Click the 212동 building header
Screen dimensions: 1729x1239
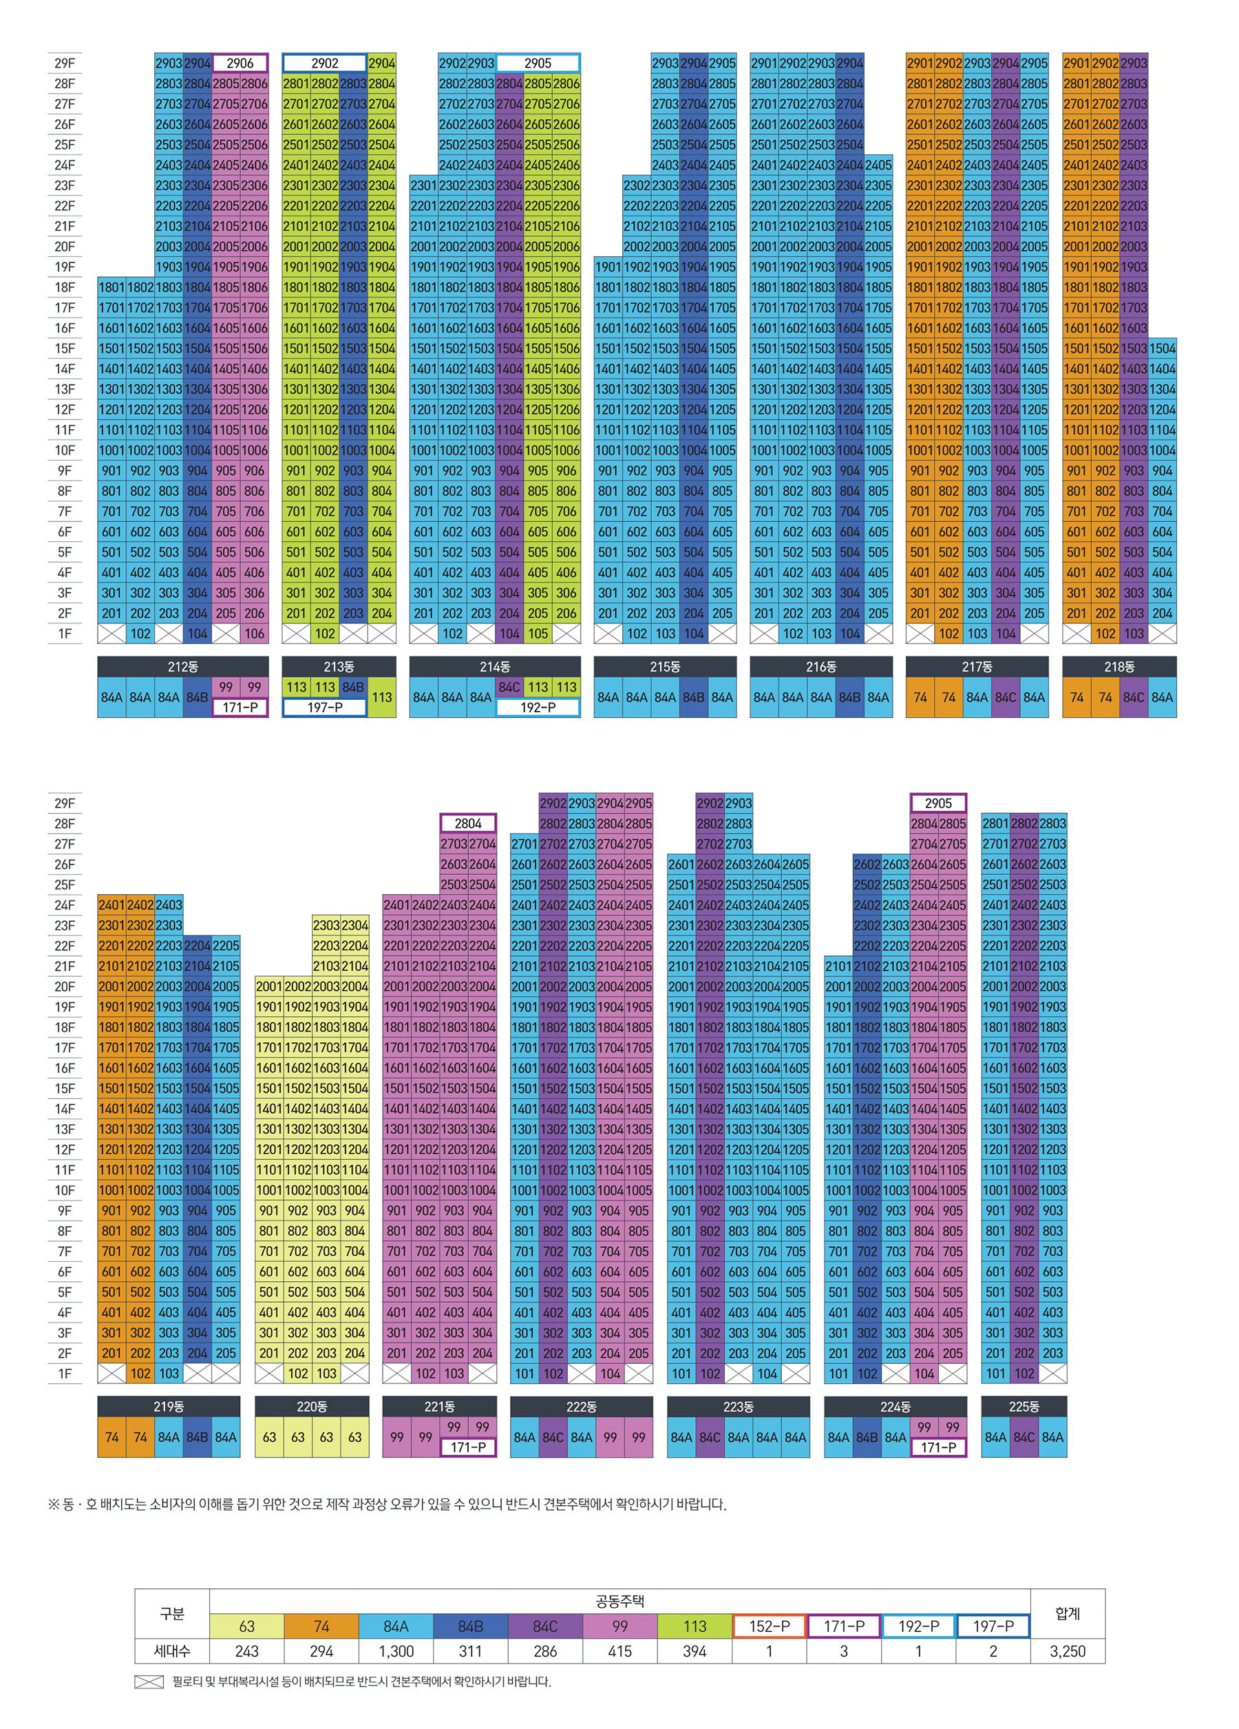183,666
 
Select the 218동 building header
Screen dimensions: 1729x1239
1119,666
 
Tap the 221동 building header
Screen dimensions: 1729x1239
439,1406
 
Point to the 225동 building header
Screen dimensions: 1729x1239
1024,1406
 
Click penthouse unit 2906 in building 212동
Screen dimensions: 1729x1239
240,63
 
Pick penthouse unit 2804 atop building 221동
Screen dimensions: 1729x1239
468,823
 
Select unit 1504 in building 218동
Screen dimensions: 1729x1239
1162,349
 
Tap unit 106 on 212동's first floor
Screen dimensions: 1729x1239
255,634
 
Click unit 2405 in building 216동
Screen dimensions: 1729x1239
878,165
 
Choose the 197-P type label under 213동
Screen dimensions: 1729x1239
325,707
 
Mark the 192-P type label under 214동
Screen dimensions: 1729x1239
538,707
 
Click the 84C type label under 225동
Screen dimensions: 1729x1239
1024,1437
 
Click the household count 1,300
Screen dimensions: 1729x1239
396,1651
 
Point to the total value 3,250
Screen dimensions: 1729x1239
1067,1651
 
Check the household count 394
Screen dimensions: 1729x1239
694,1651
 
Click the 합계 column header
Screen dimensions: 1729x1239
1067,1613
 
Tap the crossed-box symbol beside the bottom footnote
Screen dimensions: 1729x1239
149,1681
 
